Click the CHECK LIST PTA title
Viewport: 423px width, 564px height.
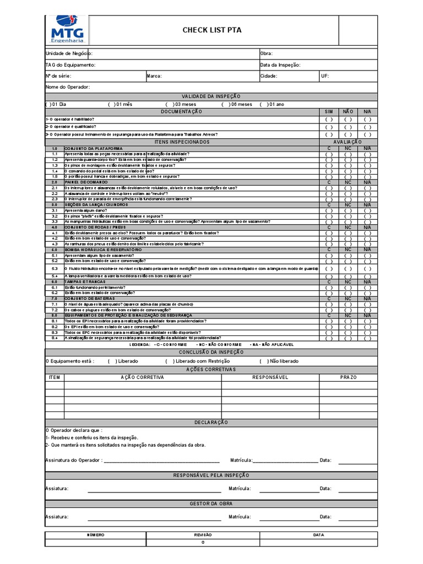click(x=211, y=30)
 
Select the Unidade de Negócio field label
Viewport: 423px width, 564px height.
click(x=68, y=53)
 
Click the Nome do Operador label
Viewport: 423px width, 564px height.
click(x=67, y=87)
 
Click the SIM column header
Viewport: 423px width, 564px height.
click(x=329, y=111)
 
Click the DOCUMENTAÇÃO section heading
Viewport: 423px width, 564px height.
click(x=181, y=111)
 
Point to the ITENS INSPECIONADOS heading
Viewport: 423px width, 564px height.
click(x=181, y=142)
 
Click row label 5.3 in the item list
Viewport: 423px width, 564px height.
click(x=55, y=268)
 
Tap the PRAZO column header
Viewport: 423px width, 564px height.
click(x=349, y=377)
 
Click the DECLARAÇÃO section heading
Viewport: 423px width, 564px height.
click(x=211, y=422)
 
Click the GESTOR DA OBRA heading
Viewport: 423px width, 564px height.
click(x=211, y=503)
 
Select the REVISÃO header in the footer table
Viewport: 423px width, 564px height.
click(x=203, y=535)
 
